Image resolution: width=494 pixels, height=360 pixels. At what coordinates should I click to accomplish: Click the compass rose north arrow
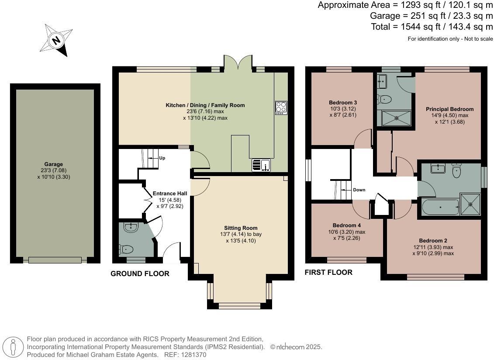point(56,41)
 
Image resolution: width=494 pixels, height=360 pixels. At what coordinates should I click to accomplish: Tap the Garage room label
point(53,164)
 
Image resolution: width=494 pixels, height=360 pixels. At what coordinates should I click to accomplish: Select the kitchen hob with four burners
point(281,107)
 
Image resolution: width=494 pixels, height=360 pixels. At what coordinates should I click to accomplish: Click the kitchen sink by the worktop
point(261,165)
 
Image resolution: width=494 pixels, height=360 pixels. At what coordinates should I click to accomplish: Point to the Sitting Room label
point(241,228)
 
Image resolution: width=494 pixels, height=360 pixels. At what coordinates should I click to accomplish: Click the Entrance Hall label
point(169,193)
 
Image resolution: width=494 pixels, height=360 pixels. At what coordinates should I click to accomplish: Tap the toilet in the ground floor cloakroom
point(126,249)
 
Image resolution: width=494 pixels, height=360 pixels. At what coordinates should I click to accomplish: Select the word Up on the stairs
point(162,158)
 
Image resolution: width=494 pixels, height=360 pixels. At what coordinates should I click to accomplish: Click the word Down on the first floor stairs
point(359,190)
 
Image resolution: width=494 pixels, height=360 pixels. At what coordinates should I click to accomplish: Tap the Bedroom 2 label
point(433,240)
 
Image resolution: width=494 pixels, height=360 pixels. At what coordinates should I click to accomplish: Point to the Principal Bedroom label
point(449,109)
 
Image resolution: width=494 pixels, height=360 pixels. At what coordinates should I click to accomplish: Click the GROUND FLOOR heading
point(139,273)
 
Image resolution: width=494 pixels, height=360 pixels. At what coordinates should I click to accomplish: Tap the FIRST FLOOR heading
point(328,272)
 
